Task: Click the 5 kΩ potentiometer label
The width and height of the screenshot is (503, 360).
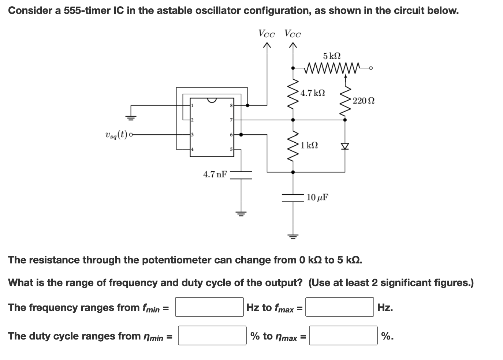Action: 332,56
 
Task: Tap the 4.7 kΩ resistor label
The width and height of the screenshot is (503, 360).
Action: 312,93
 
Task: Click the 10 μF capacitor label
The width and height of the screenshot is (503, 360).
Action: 317,198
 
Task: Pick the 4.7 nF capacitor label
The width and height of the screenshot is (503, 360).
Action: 215,174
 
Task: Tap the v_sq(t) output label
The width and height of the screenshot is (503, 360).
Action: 116,135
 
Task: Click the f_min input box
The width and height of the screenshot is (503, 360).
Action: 209,307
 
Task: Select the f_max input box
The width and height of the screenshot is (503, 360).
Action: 340,307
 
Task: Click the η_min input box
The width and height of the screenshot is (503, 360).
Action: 212,335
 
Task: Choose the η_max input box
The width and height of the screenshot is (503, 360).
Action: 343,335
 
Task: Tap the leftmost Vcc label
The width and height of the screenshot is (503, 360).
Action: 267,34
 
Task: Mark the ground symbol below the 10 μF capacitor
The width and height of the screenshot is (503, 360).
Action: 293,236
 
